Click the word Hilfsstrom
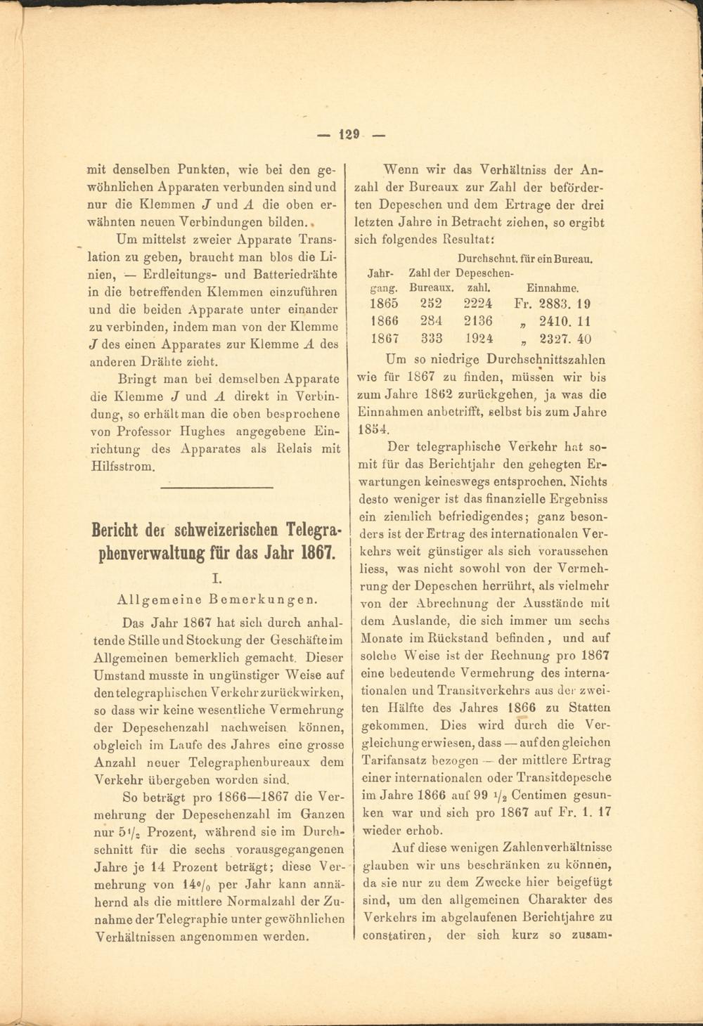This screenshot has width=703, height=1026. [x=122, y=465]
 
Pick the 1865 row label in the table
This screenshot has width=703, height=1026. [x=383, y=304]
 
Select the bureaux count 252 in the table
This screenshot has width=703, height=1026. [x=431, y=304]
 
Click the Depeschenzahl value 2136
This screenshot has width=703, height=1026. [x=478, y=321]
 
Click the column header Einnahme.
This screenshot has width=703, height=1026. [x=552, y=287]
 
